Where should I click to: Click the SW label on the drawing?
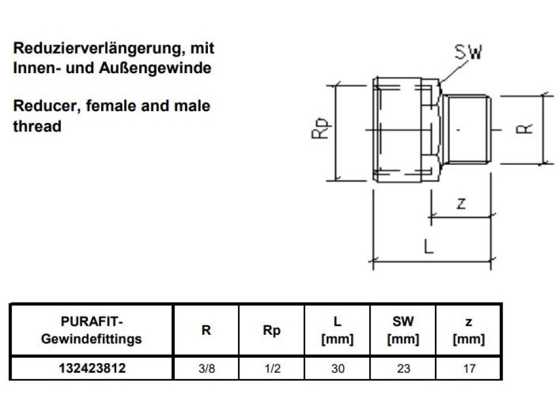pyautogui.click(x=468, y=53)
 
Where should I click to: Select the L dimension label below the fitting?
pyautogui.click(x=428, y=246)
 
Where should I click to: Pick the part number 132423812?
pyautogui.click(x=92, y=369)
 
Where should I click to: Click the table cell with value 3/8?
pyautogui.click(x=206, y=369)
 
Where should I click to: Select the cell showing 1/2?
pyautogui.click(x=272, y=369)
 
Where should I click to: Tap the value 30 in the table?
pyautogui.click(x=338, y=369)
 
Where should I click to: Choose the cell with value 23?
pyautogui.click(x=403, y=369)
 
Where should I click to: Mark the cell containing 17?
pyautogui.click(x=468, y=369)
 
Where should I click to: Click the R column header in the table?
pyautogui.click(x=206, y=330)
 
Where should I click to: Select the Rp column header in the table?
pyautogui.click(x=272, y=330)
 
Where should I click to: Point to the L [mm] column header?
pyautogui.click(x=338, y=330)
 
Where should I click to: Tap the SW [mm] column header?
pyautogui.click(x=403, y=330)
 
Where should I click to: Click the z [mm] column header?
pyautogui.click(x=468, y=330)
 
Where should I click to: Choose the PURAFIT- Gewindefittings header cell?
pyautogui.click(x=92, y=330)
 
